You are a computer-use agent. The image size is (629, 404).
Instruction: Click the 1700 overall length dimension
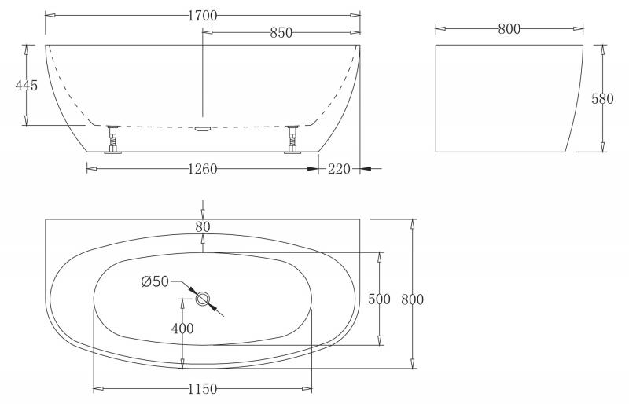click(x=203, y=16)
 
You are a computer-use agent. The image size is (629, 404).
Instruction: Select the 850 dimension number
click(x=281, y=32)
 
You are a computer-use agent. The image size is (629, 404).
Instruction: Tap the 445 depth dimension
click(x=27, y=85)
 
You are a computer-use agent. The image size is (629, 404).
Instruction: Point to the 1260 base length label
click(x=203, y=169)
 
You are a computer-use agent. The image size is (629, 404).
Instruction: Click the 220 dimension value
click(x=340, y=169)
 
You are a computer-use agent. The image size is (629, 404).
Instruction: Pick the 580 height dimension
click(x=602, y=99)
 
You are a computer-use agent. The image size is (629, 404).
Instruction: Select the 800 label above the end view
click(x=509, y=28)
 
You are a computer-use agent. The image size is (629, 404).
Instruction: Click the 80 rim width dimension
click(x=203, y=226)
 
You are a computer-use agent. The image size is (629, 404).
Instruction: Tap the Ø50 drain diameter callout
click(x=155, y=281)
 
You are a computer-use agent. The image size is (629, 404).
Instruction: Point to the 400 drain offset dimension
click(x=182, y=329)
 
